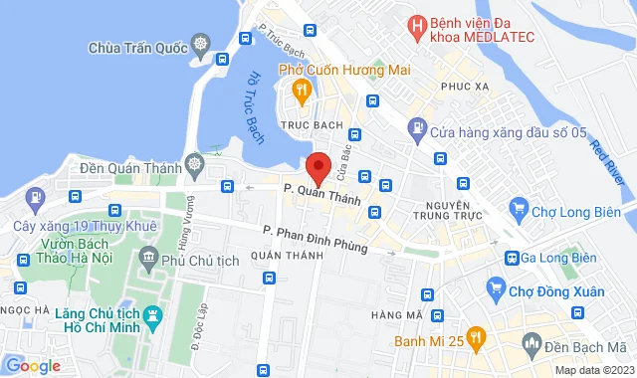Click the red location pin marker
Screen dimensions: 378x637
pos(318,167)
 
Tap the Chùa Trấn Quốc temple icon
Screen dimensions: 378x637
pos(202,46)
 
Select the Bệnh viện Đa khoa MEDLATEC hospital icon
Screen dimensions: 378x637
pos(415,23)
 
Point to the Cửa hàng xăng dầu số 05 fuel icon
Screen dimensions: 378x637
pos(417,130)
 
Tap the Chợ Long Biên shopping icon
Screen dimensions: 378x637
pos(518,208)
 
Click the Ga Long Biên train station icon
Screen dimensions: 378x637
pos(513,259)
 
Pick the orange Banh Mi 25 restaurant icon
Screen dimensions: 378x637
pos(477,338)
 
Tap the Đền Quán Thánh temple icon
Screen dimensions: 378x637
pos(192,162)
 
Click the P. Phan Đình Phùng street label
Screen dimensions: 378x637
pos(316,240)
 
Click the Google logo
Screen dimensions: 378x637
pos(34,365)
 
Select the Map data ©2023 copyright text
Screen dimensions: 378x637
pos(593,370)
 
